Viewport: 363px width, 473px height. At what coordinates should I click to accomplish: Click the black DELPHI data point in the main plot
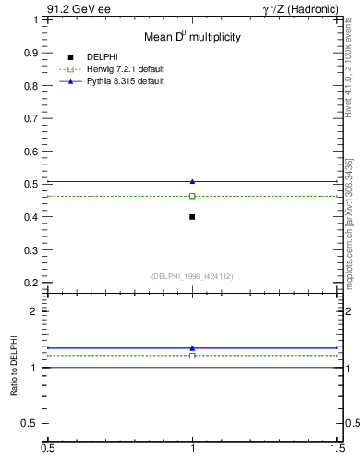tap(192, 217)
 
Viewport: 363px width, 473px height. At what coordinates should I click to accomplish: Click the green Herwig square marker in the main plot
tap(192, 196)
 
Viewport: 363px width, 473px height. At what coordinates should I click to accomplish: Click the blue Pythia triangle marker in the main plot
tap(192, 181)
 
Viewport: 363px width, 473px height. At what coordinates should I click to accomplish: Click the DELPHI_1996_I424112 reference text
tap(192, 276)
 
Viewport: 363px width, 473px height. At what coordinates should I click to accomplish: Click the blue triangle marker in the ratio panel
tap(192, 348)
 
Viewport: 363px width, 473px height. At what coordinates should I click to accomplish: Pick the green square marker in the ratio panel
tap(192, 355)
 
